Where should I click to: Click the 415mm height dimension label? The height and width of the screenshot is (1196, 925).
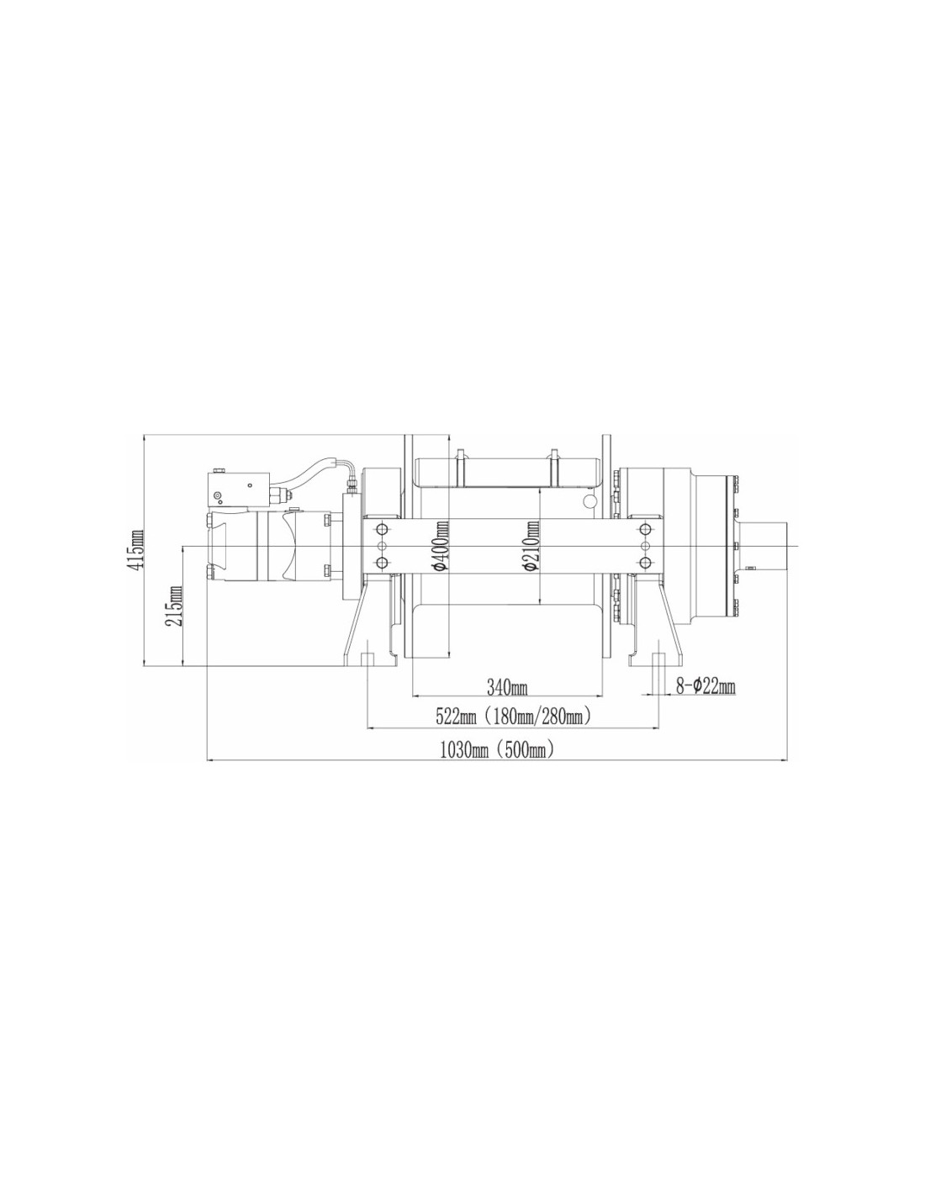[136, 548]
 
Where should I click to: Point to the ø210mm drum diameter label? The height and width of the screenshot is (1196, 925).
[532, 546]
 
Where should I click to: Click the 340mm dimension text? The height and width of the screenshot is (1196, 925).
[507, 686]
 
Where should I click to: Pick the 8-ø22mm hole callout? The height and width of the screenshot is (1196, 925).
[706, 686]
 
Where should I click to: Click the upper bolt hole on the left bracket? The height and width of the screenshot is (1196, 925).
[381, 530]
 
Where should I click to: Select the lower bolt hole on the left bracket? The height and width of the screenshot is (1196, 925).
[381, 563]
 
